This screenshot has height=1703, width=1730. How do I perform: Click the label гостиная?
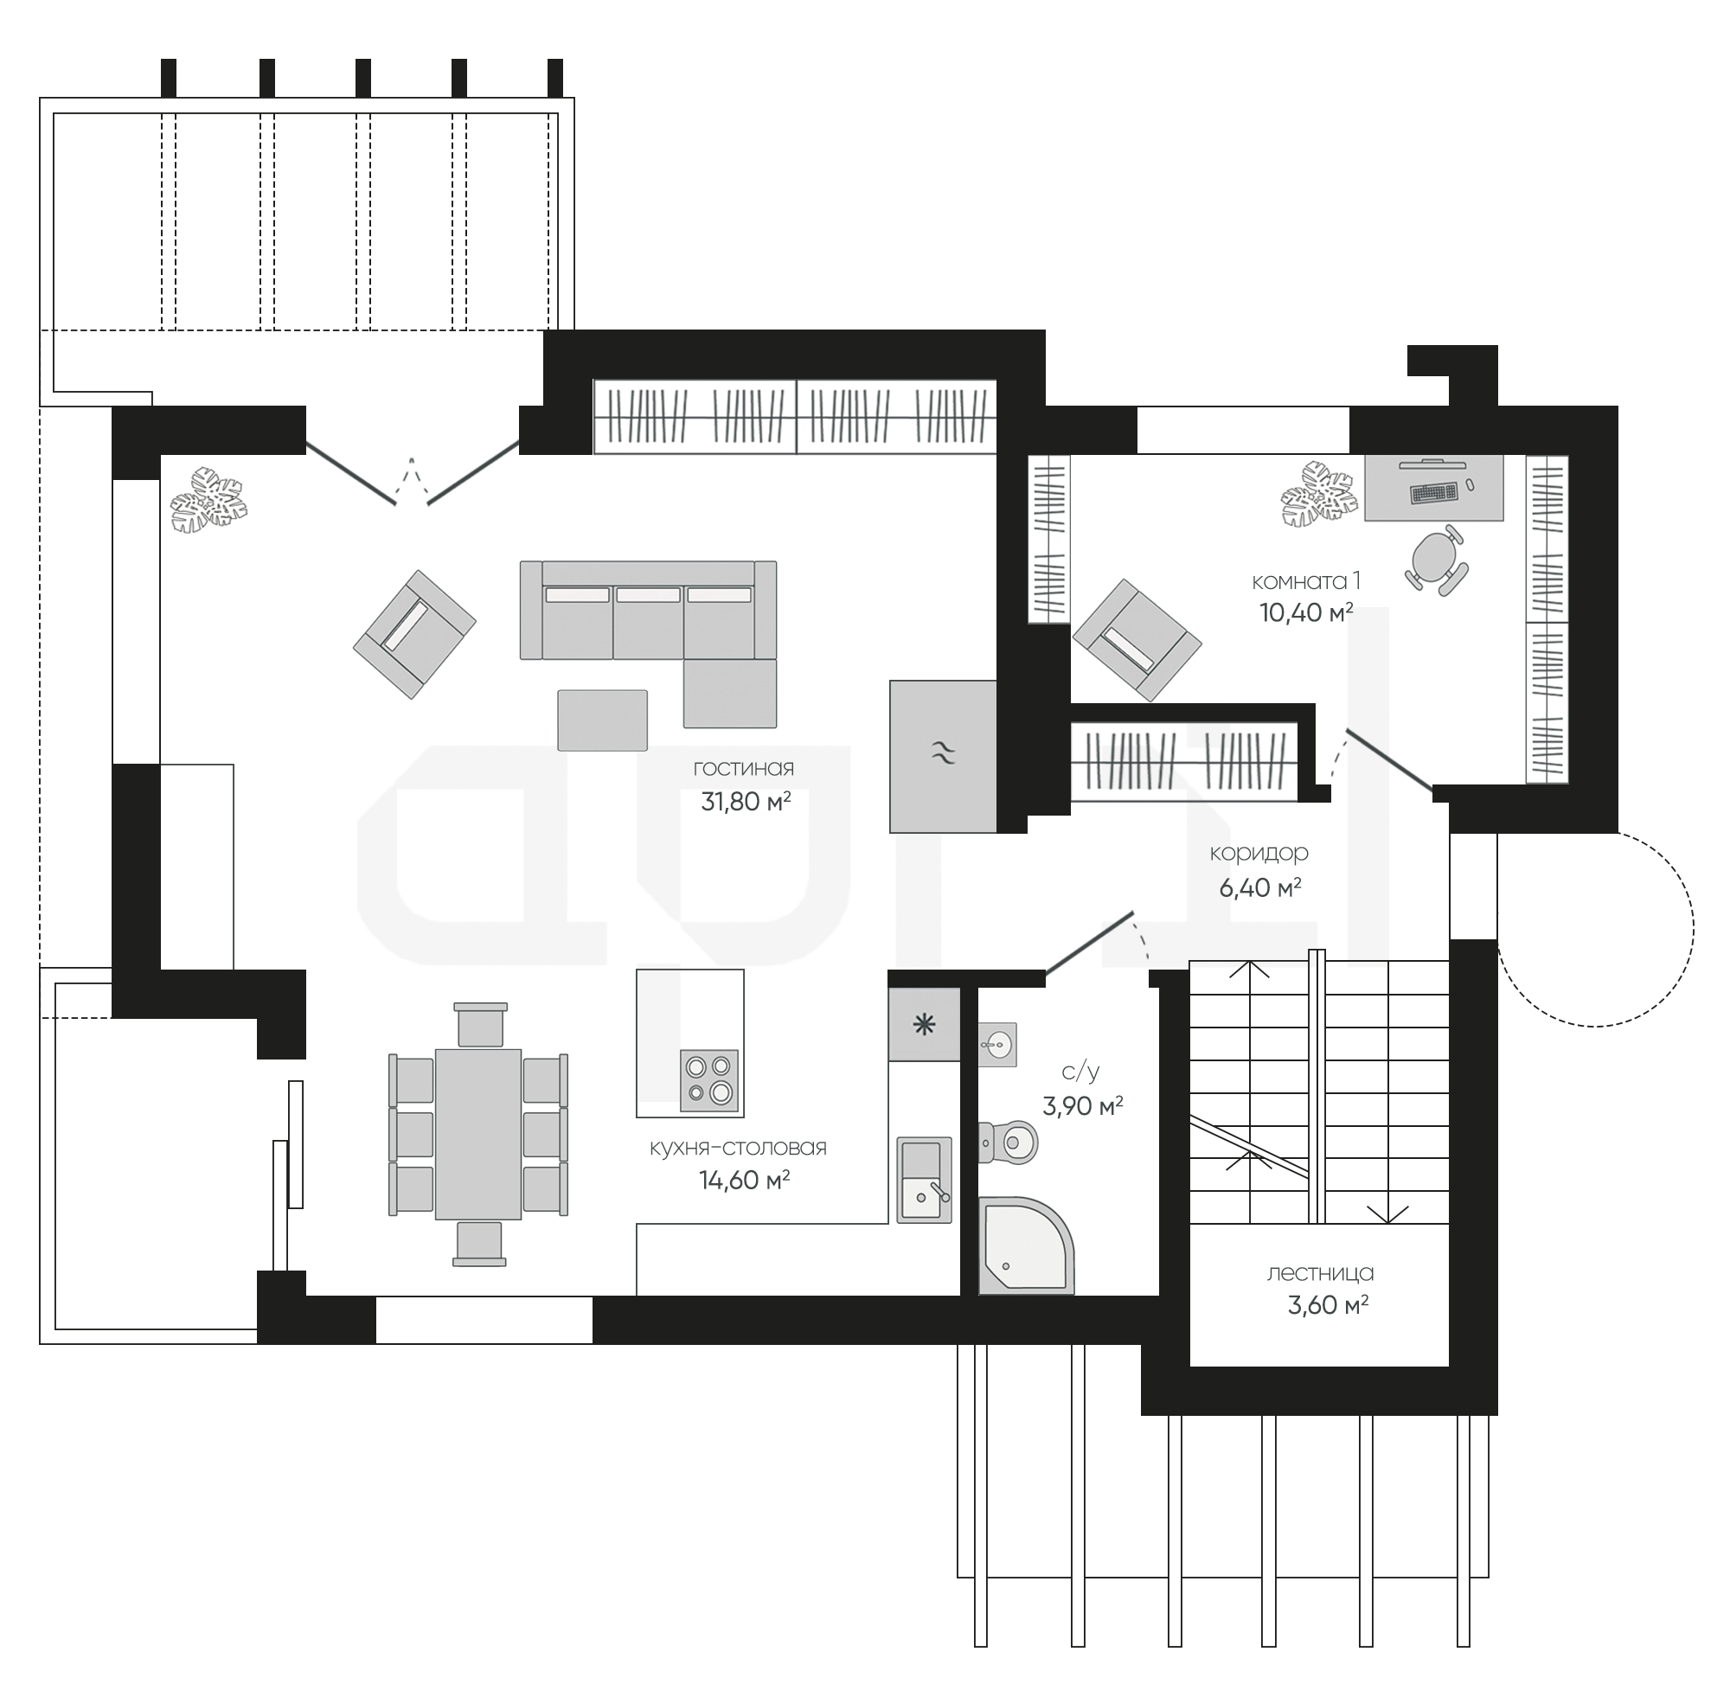743,768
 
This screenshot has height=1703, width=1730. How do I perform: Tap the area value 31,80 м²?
745,802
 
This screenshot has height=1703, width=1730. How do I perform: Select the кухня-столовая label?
738,1148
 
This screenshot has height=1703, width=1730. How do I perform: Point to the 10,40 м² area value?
1305,612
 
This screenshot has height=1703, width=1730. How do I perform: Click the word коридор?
1259,854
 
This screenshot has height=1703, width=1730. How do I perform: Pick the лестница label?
1320,1273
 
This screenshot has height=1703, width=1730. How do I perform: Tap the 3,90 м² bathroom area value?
1082,1106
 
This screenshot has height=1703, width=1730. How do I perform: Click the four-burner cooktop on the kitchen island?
709,1080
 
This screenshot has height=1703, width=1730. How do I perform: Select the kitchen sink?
924,1180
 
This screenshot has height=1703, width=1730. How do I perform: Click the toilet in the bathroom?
1008,1142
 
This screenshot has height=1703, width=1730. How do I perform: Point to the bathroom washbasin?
997,1044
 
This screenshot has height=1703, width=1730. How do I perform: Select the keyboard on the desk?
1433,492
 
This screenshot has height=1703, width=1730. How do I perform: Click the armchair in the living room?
414,634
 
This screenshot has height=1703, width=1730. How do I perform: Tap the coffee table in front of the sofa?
602,720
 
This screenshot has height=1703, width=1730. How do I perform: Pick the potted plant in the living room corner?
208,500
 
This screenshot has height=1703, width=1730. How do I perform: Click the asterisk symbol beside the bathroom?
923,1025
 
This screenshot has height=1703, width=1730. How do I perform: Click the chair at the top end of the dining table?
480,1025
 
